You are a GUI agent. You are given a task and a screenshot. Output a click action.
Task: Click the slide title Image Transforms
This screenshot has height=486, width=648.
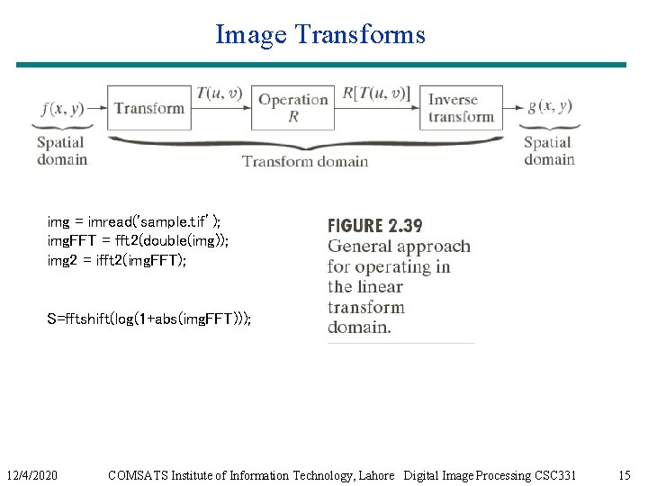(x=319, y=35)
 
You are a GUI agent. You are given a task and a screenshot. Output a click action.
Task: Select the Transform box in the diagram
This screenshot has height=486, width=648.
(x=149, y=108)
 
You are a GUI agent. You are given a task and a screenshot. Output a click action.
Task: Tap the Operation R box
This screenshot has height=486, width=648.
(x=293, y=108)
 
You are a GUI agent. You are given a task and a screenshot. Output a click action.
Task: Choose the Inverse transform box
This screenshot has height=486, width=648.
(x=461, y=108)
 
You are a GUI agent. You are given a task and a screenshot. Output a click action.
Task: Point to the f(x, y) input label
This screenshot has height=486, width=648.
(x=62, y=108)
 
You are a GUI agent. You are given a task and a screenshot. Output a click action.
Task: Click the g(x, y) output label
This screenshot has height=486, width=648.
(x=549, y=106)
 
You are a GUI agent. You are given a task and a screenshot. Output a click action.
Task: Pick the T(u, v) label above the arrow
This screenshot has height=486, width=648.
(x=219, y=93)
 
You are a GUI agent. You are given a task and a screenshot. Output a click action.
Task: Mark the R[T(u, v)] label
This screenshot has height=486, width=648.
(x=376, y=93)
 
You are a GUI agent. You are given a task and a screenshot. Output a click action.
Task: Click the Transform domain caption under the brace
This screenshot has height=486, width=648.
(x=305, y=161)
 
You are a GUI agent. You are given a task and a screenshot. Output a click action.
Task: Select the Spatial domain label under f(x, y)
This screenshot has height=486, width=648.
(x=62, y=150)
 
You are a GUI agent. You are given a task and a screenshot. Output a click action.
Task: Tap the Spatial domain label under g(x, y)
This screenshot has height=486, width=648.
(x=549, y=150)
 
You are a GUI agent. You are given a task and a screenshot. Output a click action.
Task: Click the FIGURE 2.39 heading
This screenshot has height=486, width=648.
(x=374, y=226)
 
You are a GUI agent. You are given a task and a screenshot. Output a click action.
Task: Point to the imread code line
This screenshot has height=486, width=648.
(x=134, y=220)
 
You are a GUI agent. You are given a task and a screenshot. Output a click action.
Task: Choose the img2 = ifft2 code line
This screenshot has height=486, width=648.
(x=117, y=260)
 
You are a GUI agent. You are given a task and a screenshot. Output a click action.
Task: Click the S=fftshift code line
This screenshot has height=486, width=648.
(x=148, y=319)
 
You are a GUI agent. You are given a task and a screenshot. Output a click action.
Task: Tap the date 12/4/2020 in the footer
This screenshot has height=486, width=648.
(x=32, y=474)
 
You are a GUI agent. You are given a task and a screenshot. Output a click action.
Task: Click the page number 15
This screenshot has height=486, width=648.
(x=625, y=474)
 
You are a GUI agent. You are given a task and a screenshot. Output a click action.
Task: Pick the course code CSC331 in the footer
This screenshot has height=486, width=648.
(x=554, y=474)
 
